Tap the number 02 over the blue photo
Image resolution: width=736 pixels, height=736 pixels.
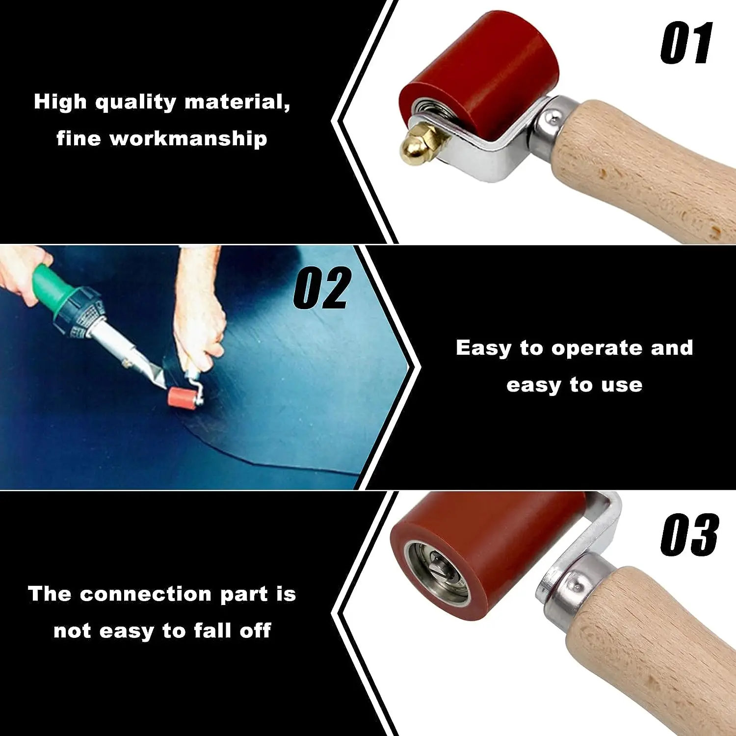(322, 288)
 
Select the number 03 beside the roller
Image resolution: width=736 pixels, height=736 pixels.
(689, 535)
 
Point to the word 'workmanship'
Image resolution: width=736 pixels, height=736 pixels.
(188, 139)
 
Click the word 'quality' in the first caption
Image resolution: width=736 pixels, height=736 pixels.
(135, 102)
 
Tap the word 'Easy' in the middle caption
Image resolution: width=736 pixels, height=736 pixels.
(483, 348)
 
